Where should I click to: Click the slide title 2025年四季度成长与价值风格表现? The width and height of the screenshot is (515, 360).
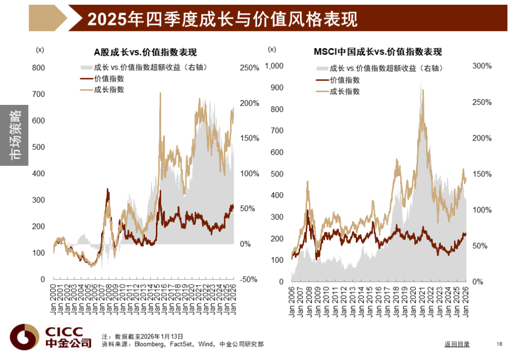coord(222,19)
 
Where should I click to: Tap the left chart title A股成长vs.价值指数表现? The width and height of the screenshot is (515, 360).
coord(145,52)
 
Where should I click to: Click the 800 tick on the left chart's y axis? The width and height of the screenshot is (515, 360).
coord(39,68)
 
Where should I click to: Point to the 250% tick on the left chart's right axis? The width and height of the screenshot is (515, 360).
coord(249,68)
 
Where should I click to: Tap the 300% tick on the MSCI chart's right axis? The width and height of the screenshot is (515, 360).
coord(482,66)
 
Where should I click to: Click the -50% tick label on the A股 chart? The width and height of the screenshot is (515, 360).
coord(248,279)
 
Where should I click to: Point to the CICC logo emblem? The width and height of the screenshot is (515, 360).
coord(25,337)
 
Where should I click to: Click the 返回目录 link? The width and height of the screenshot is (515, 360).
coord(457,344)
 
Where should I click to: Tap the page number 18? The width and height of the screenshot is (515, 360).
coord(500,344)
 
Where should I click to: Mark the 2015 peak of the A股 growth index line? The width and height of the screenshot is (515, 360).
coord(160,93)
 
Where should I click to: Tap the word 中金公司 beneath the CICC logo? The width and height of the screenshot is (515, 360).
coord(68,343)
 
